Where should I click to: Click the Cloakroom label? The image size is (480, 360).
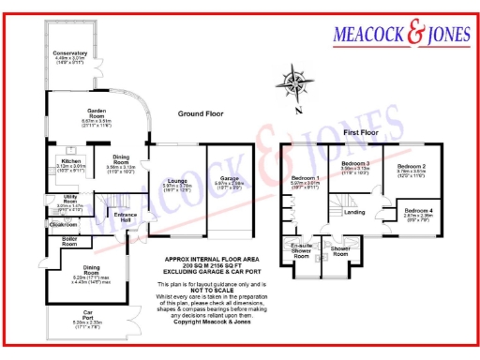(x=62, y=225)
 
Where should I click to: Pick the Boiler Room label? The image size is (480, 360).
(x=69, y=241)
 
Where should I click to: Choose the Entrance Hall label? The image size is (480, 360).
(x=125, y=217)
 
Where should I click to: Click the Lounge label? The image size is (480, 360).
(x=177, y=180)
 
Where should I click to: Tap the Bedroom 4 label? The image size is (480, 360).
(x=418, y=210)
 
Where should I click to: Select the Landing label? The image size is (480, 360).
(x=354, y=213)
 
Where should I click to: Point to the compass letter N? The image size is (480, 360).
(x=296, y=110)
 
